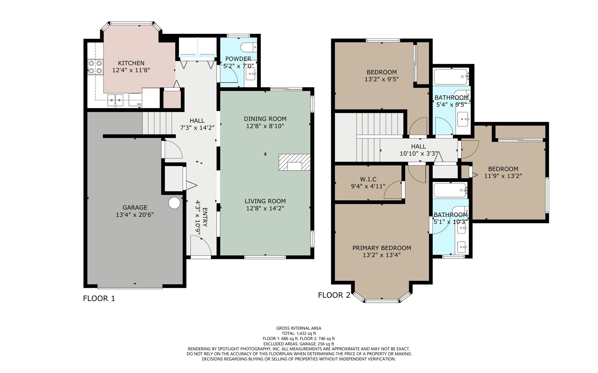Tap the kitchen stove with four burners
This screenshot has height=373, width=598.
pos(95,67)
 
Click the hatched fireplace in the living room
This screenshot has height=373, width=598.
pos(294,162)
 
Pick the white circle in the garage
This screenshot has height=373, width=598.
pos(174,203)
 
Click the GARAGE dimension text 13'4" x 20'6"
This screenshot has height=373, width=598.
pos(135,215)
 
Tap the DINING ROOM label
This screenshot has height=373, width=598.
pos(265,119)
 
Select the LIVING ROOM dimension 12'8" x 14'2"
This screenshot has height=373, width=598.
pos(265,208)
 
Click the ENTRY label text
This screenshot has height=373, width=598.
pos(205,217)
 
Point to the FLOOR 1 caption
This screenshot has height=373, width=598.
pos(99,298)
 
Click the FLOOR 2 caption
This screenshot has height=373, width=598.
pos(334,295)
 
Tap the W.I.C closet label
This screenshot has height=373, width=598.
pos(368,179)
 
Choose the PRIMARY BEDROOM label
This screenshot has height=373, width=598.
pos(382,248)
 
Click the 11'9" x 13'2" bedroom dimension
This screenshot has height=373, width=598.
pos(503,176)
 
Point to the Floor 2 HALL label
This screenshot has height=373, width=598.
pos(418,146)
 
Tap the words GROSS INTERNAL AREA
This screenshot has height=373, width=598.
pos(299,328)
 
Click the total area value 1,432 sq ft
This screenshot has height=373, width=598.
pos(306,334)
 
